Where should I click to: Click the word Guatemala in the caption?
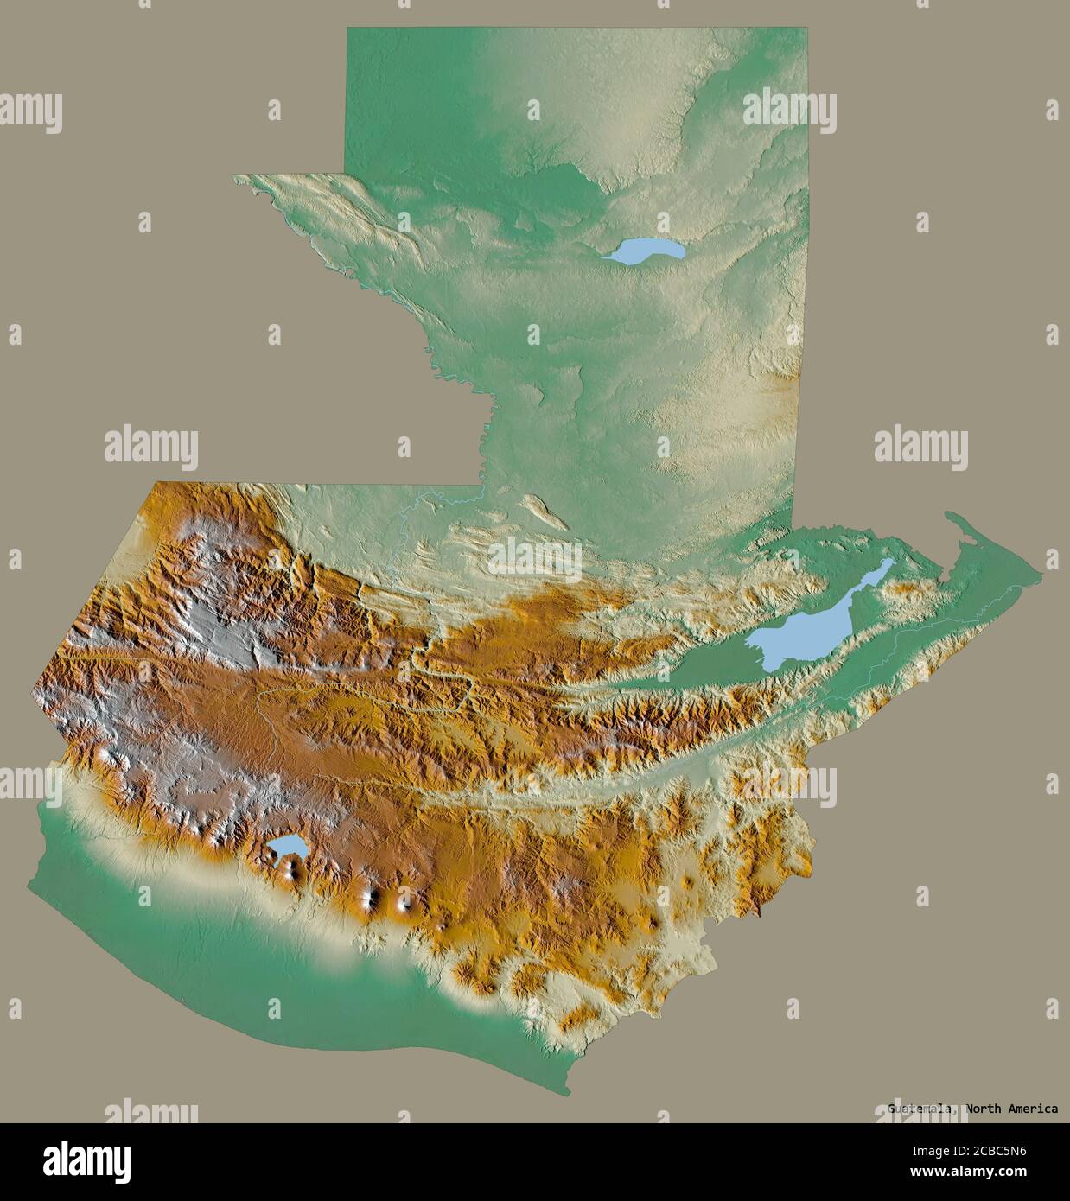922,1109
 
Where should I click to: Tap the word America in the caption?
1033,1109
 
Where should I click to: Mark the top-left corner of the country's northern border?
347,29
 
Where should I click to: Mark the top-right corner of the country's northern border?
811,29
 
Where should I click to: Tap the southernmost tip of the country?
569,1095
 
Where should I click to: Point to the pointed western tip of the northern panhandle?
235,177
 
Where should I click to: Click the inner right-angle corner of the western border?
481,485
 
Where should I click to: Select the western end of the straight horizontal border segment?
154,484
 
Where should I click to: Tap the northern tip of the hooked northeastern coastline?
948,514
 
